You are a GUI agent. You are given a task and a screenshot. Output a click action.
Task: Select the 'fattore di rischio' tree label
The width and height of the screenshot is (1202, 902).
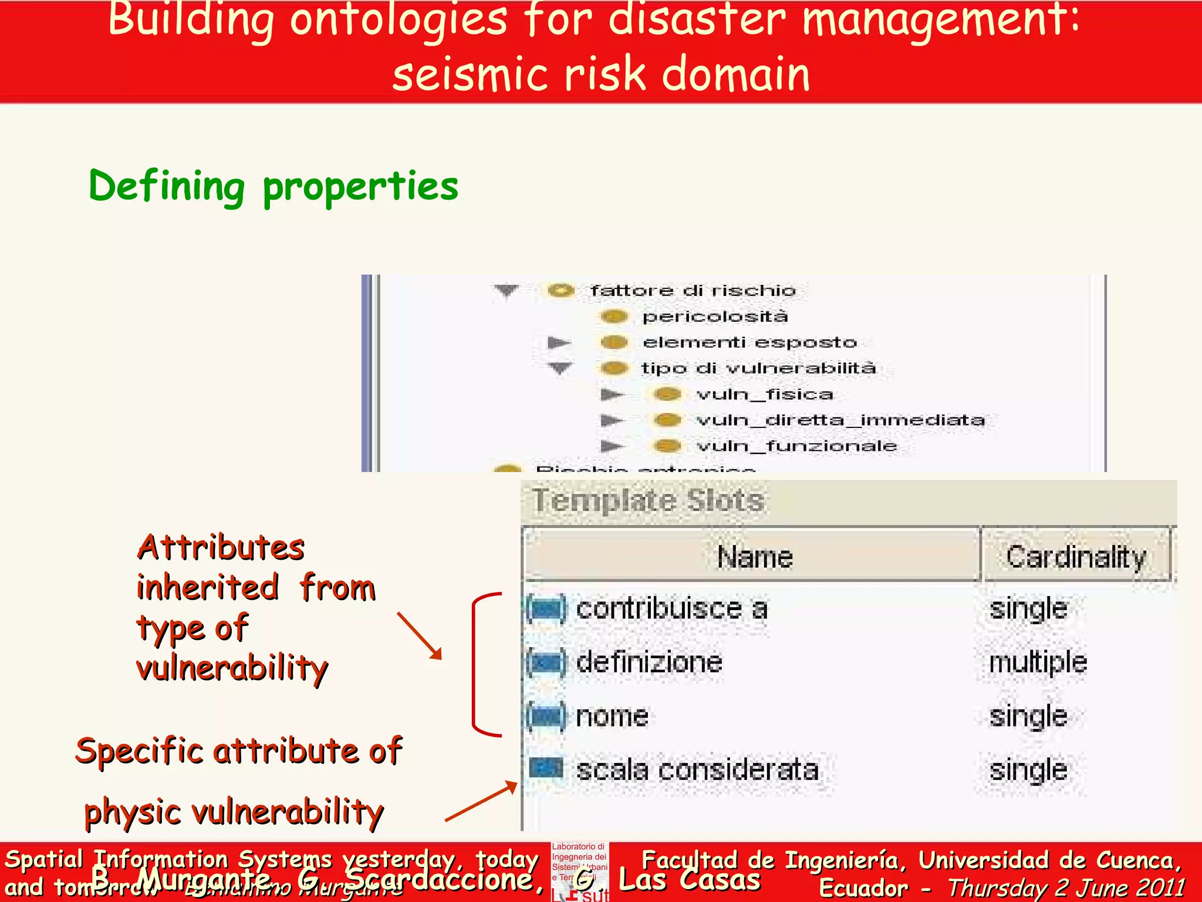693,290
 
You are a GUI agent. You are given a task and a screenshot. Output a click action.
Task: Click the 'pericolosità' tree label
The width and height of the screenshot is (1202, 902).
715,317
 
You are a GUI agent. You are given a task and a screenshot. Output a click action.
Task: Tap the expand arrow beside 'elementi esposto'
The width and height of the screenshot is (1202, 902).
559,342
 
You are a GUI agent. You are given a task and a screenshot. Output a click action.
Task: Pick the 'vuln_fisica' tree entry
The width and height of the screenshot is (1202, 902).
764,394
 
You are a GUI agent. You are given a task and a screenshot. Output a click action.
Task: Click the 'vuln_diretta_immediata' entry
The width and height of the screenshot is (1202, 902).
840,420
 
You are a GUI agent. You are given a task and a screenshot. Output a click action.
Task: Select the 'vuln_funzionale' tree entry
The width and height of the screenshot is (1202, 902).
796,446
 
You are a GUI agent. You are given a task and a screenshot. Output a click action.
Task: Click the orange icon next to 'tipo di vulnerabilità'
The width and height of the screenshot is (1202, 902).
614,368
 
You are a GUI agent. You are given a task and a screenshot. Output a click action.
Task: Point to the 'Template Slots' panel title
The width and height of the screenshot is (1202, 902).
648,501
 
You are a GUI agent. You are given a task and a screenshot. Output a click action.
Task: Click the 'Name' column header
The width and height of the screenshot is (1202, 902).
754,556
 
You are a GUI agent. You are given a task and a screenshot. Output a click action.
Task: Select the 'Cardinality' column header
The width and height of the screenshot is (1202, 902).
1076,556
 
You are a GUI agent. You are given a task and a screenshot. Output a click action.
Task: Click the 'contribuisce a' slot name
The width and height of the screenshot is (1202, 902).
671,608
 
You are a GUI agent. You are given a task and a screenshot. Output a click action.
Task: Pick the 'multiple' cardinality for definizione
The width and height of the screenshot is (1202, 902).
1038,662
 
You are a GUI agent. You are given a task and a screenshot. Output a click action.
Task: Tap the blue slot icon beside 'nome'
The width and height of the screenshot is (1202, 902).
546,716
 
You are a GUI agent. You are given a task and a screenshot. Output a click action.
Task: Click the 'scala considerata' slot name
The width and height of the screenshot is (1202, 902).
697,770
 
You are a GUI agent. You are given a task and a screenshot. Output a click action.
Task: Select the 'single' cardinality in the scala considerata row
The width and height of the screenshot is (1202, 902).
1028,770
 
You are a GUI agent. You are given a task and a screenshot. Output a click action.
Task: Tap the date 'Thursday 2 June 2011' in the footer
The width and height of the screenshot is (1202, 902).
1066,887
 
